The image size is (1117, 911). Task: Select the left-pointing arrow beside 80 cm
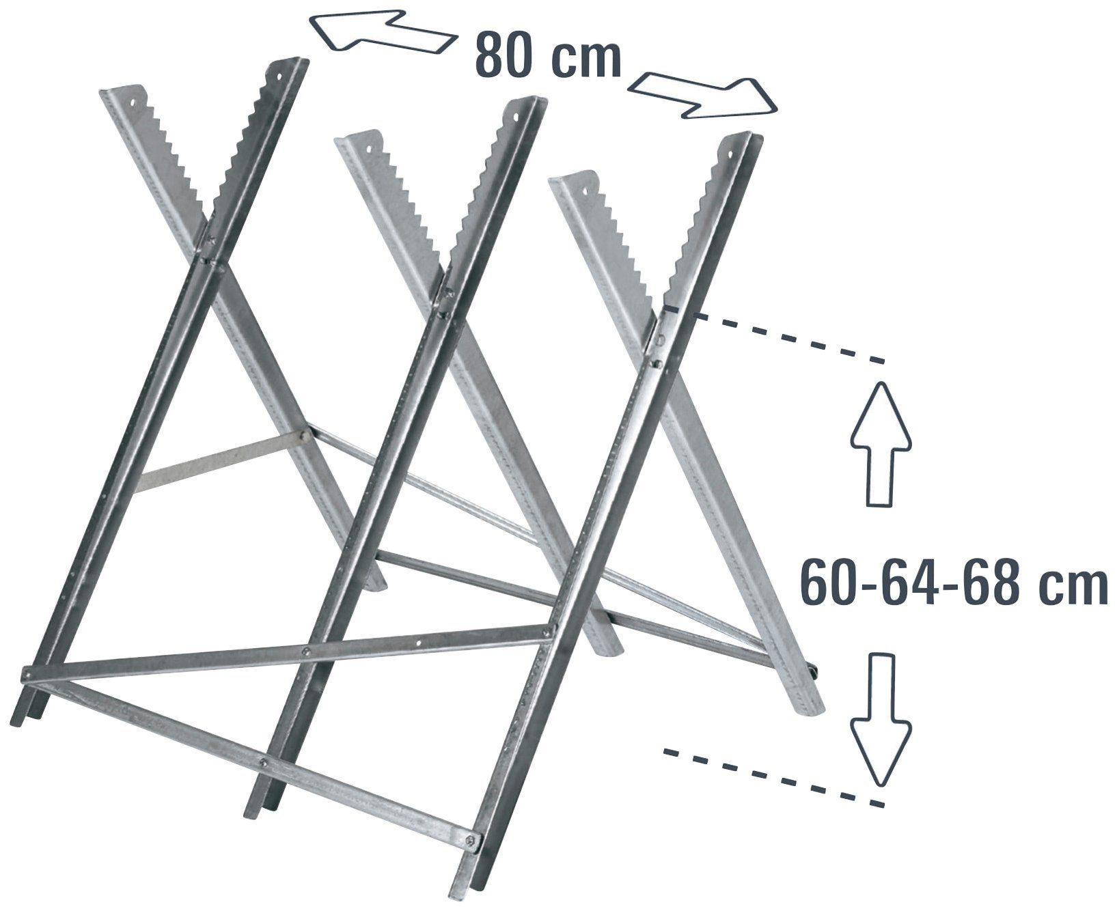click(x=383, y=31)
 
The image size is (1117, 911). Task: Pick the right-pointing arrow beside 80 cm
click(x=704, y=96)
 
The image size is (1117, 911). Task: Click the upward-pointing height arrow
click(x=881, y=444)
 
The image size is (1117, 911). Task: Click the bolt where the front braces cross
click(x=305, y=651)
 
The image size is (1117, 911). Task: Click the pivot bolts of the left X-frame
click(x=212, y=249)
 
